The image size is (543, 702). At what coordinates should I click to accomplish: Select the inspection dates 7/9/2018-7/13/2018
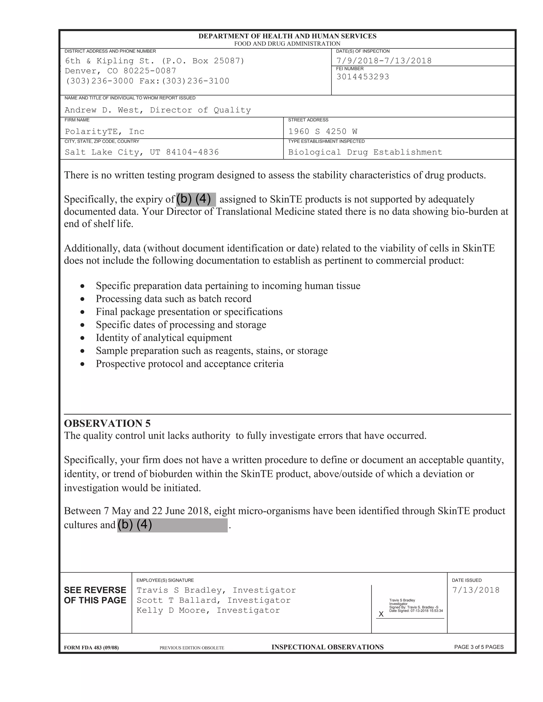point(384,61)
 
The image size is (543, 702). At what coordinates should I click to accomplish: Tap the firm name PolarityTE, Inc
point(104,131)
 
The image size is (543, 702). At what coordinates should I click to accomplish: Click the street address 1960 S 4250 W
point(323,131)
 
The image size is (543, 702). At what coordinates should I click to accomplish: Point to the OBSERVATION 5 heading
point(107,423)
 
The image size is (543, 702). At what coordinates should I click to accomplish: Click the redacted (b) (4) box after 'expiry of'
point(196,199)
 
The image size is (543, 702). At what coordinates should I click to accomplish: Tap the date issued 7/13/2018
point(476,590)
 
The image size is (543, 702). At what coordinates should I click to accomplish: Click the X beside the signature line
point(381,614)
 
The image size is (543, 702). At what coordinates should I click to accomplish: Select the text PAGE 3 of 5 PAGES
point(479,647)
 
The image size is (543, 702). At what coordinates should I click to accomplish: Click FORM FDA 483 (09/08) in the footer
point(91,648)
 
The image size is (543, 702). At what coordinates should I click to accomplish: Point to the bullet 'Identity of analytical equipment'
point(164,338)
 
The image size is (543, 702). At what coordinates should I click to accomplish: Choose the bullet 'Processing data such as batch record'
point(173,299)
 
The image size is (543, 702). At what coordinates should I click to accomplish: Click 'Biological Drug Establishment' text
point(365,152)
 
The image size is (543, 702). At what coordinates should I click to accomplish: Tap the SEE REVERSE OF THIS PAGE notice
point(95,595)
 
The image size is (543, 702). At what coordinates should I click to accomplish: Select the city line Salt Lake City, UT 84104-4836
point(142,152)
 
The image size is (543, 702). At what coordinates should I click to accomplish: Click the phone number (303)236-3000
point(99,81)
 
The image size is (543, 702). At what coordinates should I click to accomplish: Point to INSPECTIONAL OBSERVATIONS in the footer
point(327,647)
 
